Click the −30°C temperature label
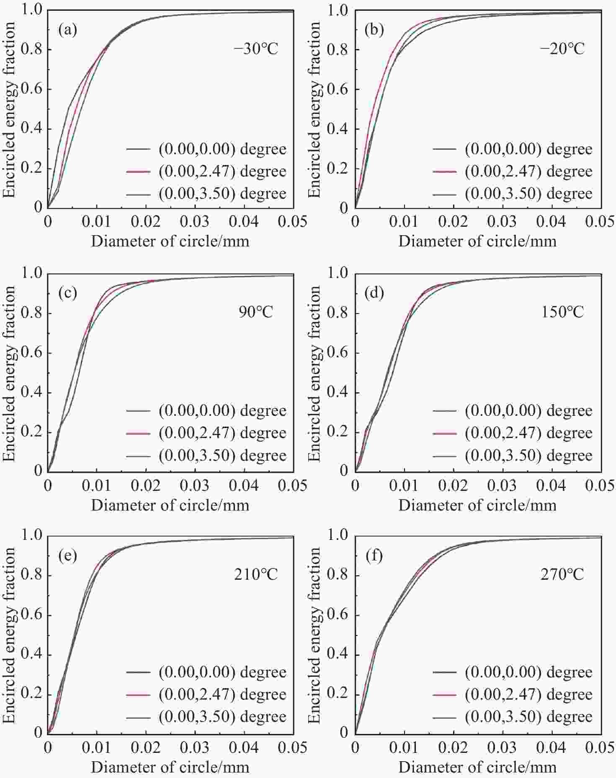coord(256,49)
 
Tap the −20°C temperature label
coord(562,49)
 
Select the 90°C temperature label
coord(256,312)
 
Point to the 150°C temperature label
coord(562,312)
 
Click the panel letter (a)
coord(68,30)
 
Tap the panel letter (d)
coord(374,293)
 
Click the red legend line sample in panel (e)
coord(138,695)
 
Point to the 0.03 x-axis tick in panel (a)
coord(195,222)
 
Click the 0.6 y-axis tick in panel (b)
coord(338,89)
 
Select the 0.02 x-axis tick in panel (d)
coord(453,485)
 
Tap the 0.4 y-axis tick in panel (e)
coord(31,655)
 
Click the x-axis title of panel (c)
coord(170,505)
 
